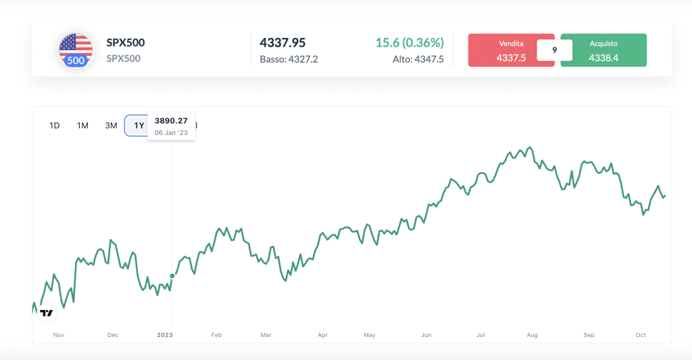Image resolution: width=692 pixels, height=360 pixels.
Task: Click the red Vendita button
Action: [511, 51]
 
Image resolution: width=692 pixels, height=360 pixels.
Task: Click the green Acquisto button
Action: [603, 51]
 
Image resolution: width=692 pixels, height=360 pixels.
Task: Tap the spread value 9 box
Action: [554, 50]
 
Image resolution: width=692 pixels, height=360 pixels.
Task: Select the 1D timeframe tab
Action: [55, 125]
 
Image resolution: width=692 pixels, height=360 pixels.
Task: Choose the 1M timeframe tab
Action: [82, 125]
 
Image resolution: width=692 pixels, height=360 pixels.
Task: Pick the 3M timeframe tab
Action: [111, 125]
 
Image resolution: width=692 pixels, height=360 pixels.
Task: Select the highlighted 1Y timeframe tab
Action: [138, 125]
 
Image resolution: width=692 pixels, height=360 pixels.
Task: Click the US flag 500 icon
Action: [76, 51]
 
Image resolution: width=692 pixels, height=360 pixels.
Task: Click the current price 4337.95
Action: [282, 43]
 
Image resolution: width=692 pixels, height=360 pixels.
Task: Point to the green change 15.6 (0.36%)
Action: [410, 43]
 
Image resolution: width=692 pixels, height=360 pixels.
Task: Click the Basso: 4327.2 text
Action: [289, 59]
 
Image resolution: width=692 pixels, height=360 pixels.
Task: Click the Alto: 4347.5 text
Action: [418, 59]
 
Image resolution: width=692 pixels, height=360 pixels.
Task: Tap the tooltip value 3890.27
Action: [171, 121]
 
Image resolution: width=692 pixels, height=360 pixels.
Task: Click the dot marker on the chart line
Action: [172, 276]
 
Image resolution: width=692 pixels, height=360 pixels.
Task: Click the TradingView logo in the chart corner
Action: [46, 313]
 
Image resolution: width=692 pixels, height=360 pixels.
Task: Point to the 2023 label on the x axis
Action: [165, 335]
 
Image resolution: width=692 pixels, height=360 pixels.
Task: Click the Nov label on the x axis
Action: [58, 335]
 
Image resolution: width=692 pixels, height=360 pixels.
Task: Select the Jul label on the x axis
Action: [480, 335]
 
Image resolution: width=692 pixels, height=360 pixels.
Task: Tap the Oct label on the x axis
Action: [641, 335]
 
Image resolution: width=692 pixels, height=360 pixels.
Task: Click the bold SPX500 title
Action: [126, 43]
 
